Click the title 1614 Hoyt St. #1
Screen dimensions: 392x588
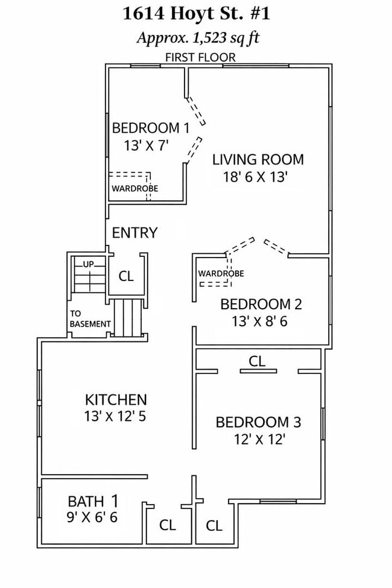pos(196,14)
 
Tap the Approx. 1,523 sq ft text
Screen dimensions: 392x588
pos(198,38)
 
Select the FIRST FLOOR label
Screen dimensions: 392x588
pos(200,57)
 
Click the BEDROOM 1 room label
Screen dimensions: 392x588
pos(151,128)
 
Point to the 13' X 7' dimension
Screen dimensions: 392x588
pos(145,145)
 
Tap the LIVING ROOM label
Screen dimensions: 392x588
pos(258,159)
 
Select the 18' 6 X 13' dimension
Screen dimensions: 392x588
pos(255,177)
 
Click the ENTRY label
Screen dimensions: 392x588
pos(134,233)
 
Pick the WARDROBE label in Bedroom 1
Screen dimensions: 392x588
pos(134,188)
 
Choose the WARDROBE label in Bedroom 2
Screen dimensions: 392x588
pos(221,273)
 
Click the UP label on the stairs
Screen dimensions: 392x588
pos(89,264)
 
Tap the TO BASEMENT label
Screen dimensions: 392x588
pos(90,319)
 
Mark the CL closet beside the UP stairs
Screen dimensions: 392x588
pos(126,276)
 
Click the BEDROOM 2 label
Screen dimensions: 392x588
pos(261,304)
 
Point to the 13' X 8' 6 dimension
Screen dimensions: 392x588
pos(259,321)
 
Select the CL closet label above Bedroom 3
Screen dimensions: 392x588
pos(257,361)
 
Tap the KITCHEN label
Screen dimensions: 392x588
pos(116,400)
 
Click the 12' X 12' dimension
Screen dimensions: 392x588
pos(259,439)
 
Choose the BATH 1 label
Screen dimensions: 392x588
pos(93,501)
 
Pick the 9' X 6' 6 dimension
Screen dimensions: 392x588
pos(92,517)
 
